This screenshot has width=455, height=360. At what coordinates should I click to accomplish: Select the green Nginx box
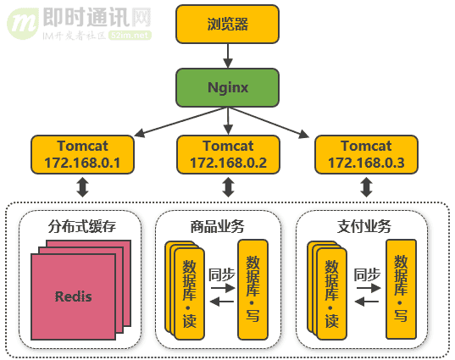[227, 87]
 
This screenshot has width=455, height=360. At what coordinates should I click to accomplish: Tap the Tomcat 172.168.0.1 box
[82, 154]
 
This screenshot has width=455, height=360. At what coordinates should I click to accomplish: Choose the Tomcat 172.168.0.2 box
[228, 154]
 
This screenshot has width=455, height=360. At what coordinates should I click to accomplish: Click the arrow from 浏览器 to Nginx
[227, 55]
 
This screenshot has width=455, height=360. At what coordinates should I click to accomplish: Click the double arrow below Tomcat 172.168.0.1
[82, 187]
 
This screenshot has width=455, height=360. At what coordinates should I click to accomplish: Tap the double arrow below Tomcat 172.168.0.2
[228, 187]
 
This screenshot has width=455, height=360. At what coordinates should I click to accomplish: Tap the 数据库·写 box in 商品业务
[253, 290]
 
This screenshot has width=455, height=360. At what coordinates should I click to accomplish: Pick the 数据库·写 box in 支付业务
[401, 290]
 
